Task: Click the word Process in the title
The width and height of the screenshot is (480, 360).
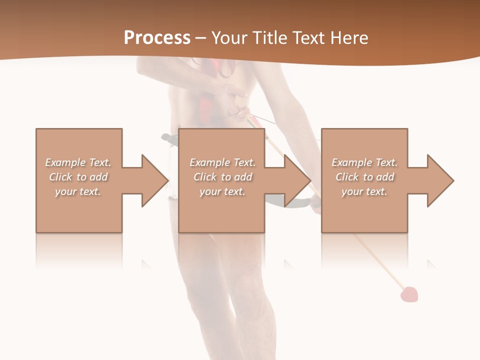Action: tap(157, 38)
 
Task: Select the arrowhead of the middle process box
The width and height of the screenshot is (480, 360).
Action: tap(297, 180)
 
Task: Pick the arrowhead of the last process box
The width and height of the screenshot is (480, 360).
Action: tap(440, 180)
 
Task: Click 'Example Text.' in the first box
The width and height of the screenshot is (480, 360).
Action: tap(78, 162)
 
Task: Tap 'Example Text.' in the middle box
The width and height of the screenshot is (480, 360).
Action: tap(222, 162)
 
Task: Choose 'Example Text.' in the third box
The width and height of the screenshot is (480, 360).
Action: tap(364, 162)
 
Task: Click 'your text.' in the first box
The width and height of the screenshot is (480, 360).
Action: tap(78, 191)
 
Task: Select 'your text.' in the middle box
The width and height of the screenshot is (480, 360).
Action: tap(222, 191)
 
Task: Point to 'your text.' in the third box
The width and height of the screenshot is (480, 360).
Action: tap(364, 191)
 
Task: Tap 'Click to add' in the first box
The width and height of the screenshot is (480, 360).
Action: tap(78, 177)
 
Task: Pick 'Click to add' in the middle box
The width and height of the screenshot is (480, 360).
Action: tap(222, 177)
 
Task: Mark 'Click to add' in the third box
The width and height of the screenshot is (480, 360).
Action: tap(364, 177)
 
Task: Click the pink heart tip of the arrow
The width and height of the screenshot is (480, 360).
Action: tap(409, 294)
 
